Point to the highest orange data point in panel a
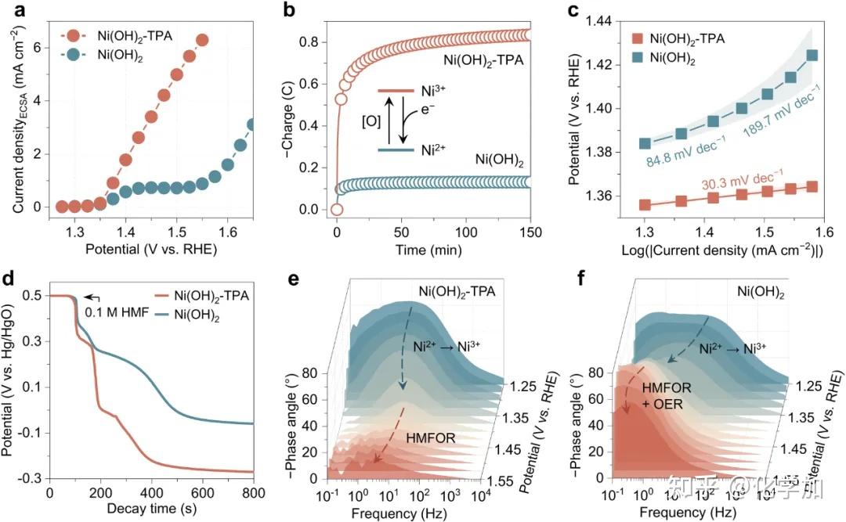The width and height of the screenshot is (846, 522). pyautogui.click(x=202, y=40)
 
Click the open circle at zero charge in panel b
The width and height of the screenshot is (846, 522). pyautogui.click(x=337, y=209)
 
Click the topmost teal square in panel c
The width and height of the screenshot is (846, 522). pyautogui.click(x=812, y=56)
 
